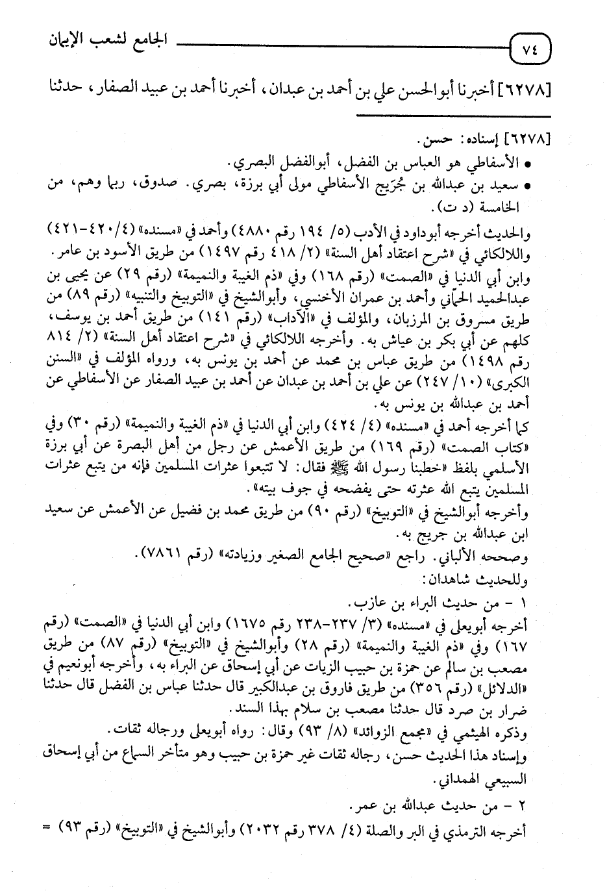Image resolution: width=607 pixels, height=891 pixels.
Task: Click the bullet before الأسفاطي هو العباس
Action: click(529, 162)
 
